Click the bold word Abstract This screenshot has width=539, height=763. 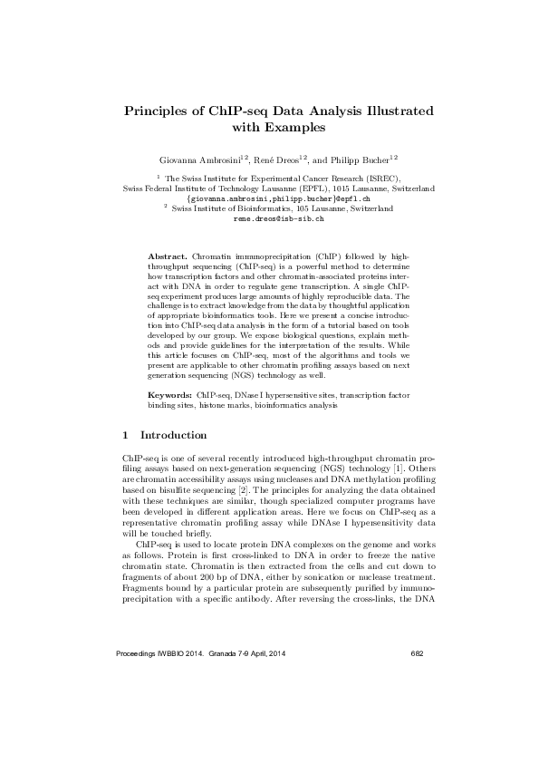168,258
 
